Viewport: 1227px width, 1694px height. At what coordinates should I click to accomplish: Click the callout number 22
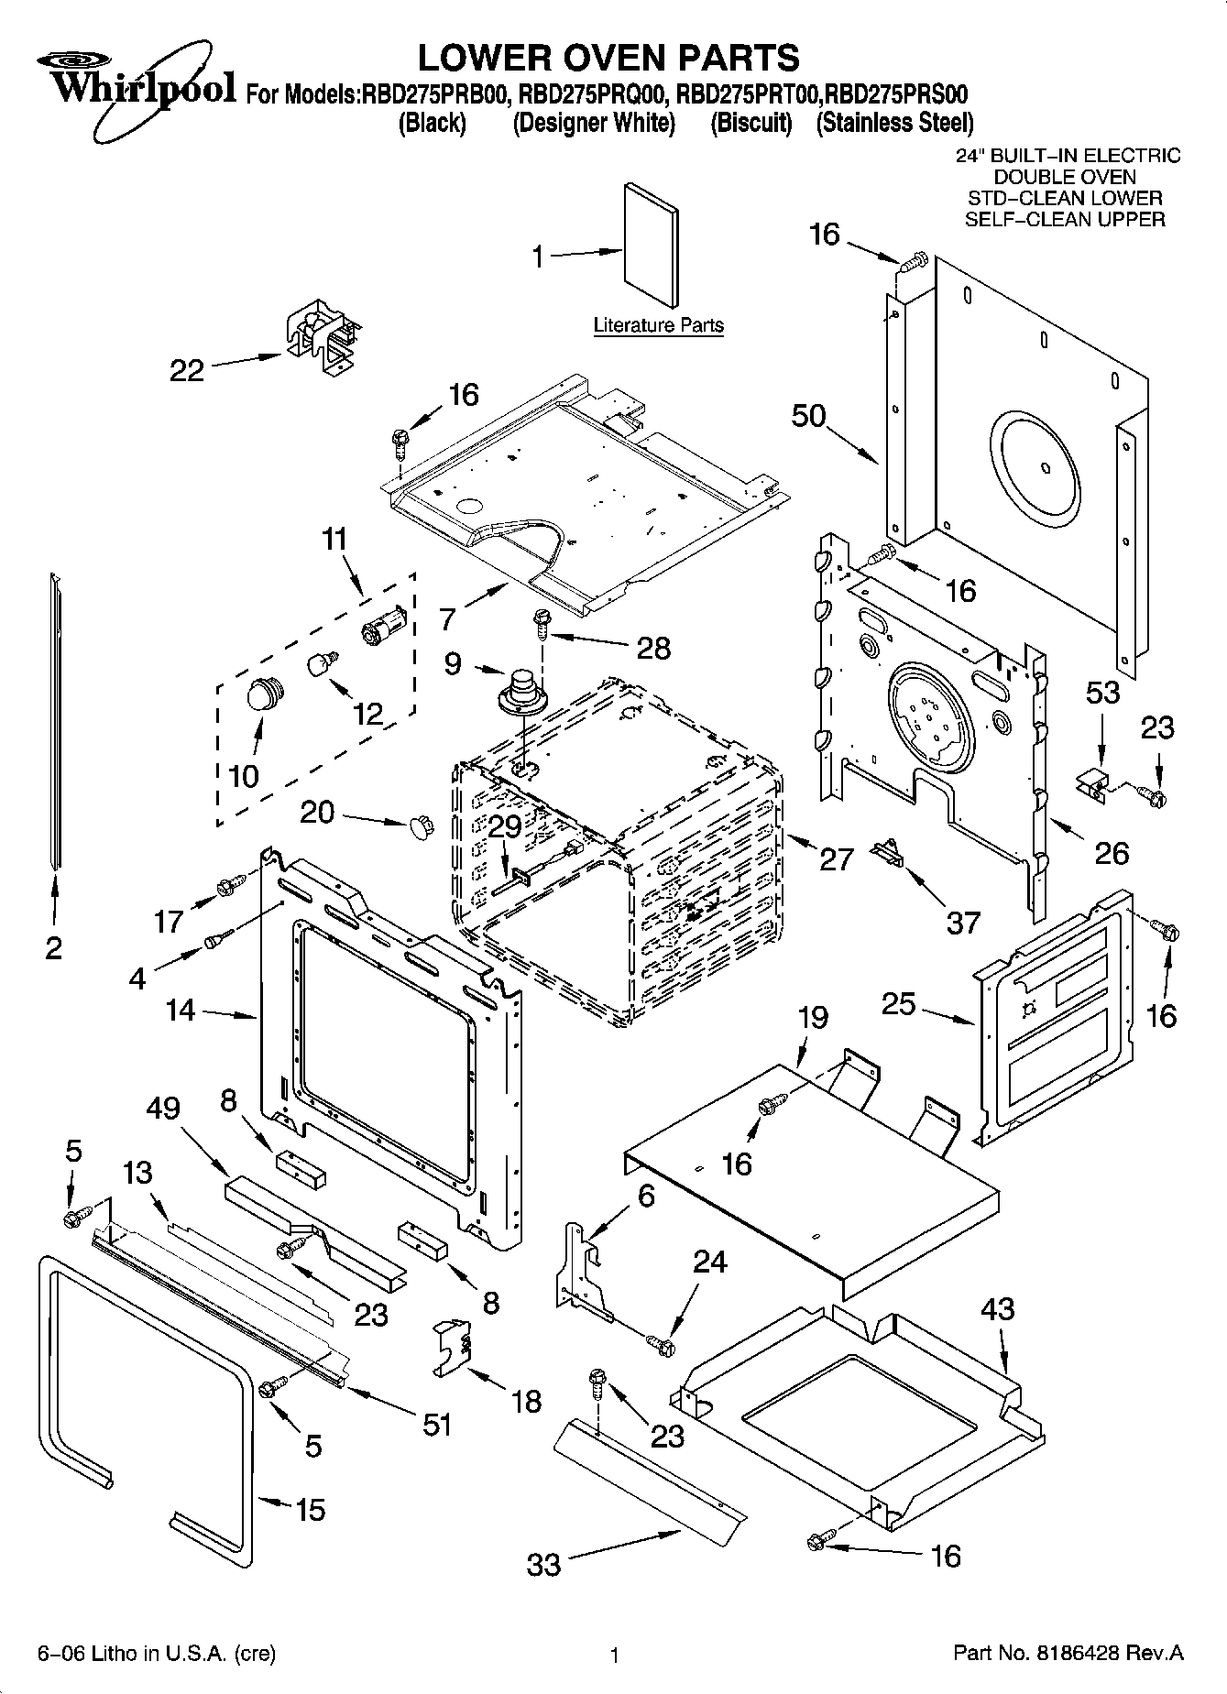pyautogui.click(x=186, y=371)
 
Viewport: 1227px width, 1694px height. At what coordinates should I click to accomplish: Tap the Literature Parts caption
pyautogui.click(x=658, y=325)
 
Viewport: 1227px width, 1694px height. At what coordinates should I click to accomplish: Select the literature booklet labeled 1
pyautogui.click(x=652, y=246)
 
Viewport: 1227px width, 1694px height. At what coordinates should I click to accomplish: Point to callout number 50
pyautogui.click(x=808, y=416)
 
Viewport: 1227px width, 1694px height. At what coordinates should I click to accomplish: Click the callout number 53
pyautogui.click(x=1102, y=692)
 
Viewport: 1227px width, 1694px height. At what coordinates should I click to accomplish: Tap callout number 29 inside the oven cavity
pyautogui.click(x=504, y=826)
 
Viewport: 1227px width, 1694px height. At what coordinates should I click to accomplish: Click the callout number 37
pyautogui.click(x=962, y=922)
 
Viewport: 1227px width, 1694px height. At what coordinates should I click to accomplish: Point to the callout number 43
pyautogui.click(x=997, y=1309)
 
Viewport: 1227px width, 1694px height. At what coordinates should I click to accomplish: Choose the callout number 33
pyautogui.click(x=543, y=1564)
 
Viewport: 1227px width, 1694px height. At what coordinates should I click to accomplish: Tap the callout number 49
pyautogui.click(x=164, y=1109)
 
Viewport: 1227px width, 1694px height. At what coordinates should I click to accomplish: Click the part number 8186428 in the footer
pyautogui.click(x=1101, y=1654)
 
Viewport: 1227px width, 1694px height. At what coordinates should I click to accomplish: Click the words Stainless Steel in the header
pyautogui.click(x=894, y=123)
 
